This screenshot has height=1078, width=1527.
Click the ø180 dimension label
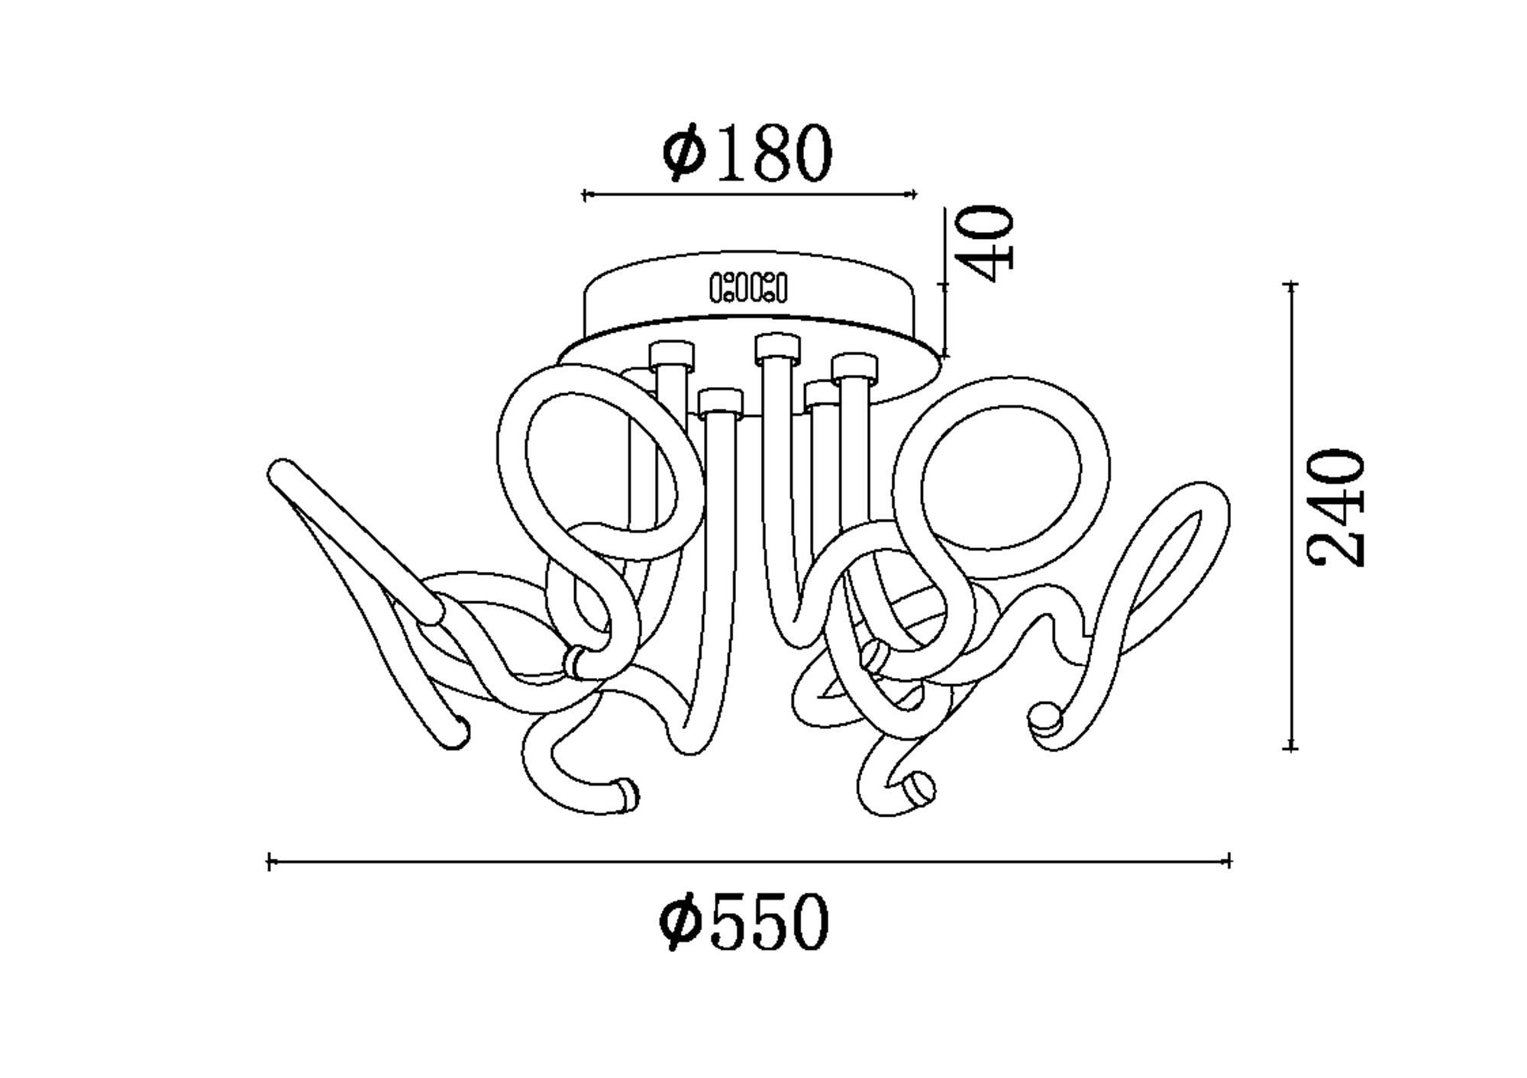(747, 153)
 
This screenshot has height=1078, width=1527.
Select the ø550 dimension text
(744, 921)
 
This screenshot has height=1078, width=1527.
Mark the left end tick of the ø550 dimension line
(270, 862)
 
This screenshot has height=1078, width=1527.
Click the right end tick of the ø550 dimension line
(1228, 862)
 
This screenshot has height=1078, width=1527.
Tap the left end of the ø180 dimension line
(584, 195)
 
